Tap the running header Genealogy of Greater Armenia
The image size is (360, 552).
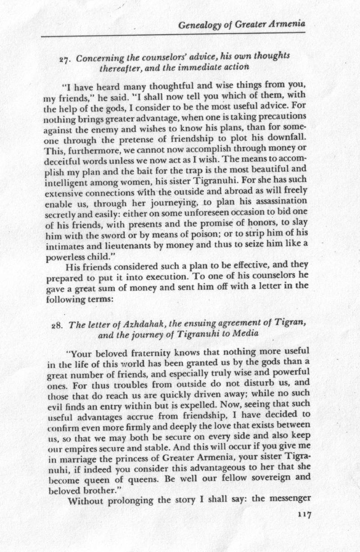pyautogui.click(x=242, y=26)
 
